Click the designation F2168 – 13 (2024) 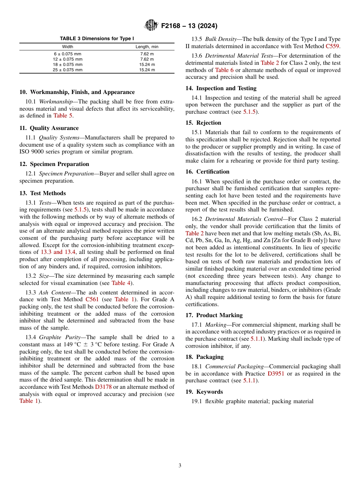click(x=189, y=26)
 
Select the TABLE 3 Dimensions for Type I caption click(x=97, y=39)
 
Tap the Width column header click(x=68, y=47)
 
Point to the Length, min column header click(x=147, y=47)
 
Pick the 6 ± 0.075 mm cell click(x=68, y=54)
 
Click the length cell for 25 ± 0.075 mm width click(x=147, y=70)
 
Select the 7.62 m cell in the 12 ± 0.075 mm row click(x=147, y=59)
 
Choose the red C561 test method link click(x=92, y=299)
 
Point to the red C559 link click(x=333, y=46)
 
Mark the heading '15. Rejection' click(x=203, y=123)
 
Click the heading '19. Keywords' click(x=204, y=392)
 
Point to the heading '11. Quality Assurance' click(x=49, y=128)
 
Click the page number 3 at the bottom click(x=180, y=466)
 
